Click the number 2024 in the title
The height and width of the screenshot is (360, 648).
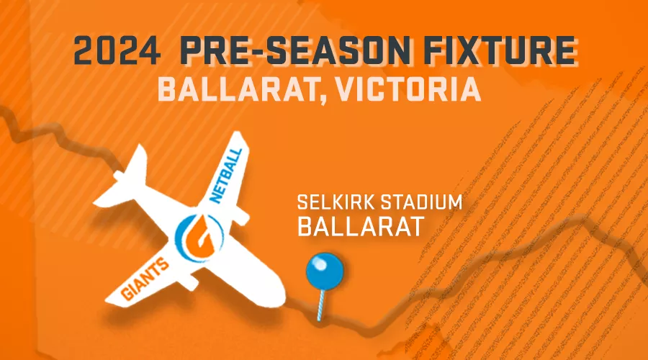tap(117, 50)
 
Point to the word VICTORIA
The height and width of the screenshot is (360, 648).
tap(408, 90)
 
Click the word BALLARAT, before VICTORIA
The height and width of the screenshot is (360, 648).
tap(242, 91)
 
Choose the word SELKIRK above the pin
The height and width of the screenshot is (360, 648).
tap(336, 202)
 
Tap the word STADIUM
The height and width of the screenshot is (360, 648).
tap(421, 202)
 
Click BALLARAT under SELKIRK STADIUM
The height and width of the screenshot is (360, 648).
tap(361, 226)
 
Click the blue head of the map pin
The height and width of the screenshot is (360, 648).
tap(325, 271)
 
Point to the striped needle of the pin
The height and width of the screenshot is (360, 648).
tap(321, 305)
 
